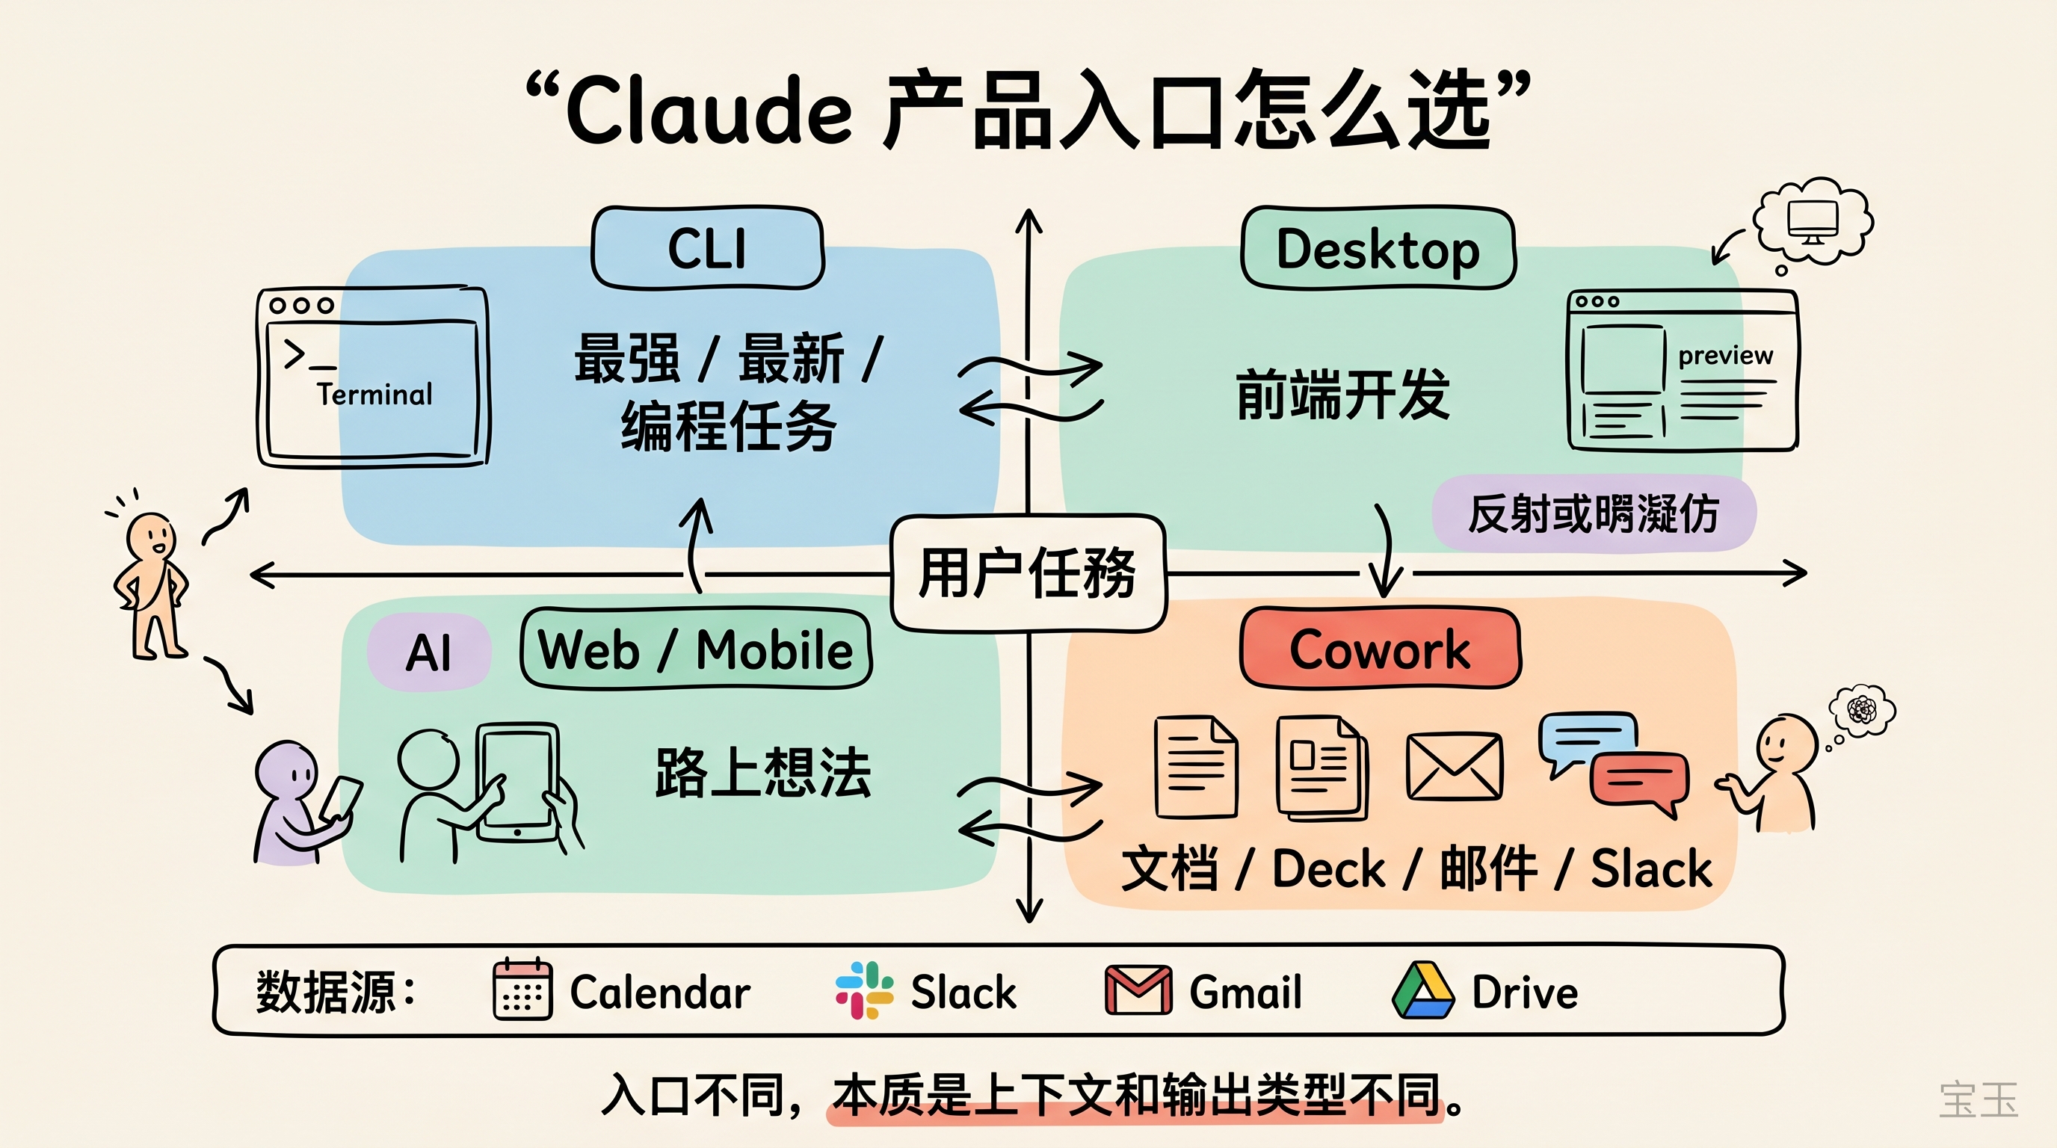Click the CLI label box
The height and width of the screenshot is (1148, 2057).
[x=708, y=248]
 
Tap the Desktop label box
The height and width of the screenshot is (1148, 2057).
[x=1378, y=248]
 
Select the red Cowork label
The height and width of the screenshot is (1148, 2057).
[x=1380, y=648]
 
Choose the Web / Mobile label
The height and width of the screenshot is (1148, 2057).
[x=696, y=648]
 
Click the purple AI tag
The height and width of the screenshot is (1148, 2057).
[x=429, y=652]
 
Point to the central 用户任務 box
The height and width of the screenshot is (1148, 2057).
[x=1028, y=573]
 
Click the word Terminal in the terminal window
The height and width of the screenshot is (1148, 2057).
[x=374, y=394]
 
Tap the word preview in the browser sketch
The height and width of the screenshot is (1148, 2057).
[x=1725, y=354]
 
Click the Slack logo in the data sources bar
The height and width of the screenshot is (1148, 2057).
[x=864, y=990]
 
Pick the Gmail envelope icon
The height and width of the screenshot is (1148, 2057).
[x=1138, y=990]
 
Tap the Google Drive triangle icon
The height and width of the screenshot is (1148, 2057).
[x=1423, y=990]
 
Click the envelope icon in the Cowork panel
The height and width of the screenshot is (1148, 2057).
[x=1453, y=767]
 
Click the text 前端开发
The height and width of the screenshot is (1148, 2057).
[x=1342, y=394]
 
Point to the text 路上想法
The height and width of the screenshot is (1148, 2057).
[x=762, y=772]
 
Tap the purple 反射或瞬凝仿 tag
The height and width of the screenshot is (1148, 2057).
[x=1593, y=513]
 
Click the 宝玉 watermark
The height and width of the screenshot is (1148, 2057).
[x=1978, y=1100]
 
